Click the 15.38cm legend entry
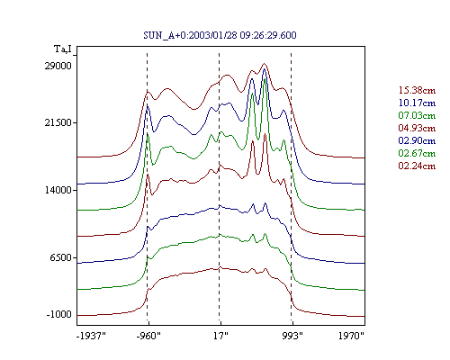point(417,90)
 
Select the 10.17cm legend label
point(417,103)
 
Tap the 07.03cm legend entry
point(417,115)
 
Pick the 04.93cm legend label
point(417,128)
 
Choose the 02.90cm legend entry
point(417,140)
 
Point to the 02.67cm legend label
point(417,153)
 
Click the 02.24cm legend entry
point(417,166)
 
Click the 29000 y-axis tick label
point(58,66)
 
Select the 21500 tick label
point(58,122)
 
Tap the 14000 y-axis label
point(58,190)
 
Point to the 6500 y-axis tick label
point(61,257)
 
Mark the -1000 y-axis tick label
point(59,314)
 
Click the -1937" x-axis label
point(91,336)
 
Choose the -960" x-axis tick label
point(148,336)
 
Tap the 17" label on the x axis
point(220,336)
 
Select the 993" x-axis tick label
point(292,336)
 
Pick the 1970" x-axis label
point(351,336)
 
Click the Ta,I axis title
point(63,49)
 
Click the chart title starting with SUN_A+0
point(220,35)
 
